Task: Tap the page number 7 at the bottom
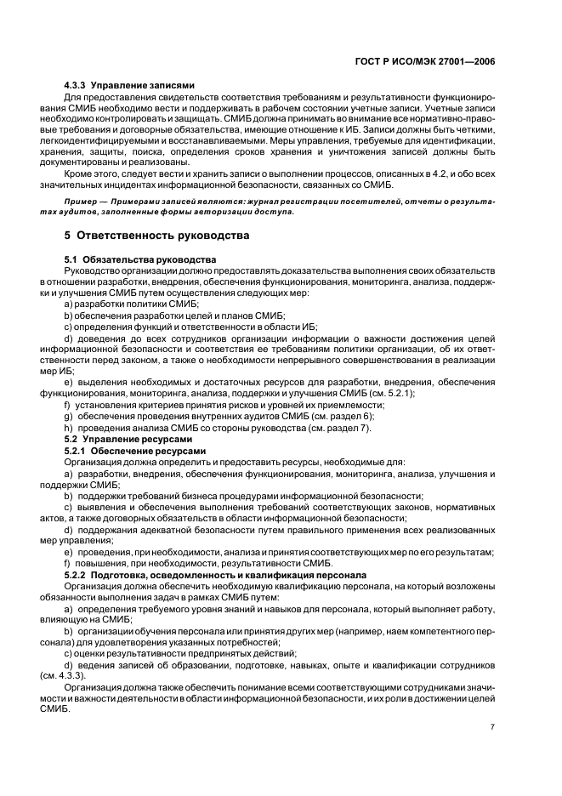click(x=492, y=727)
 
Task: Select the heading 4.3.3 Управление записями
click(x=130, y=85)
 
